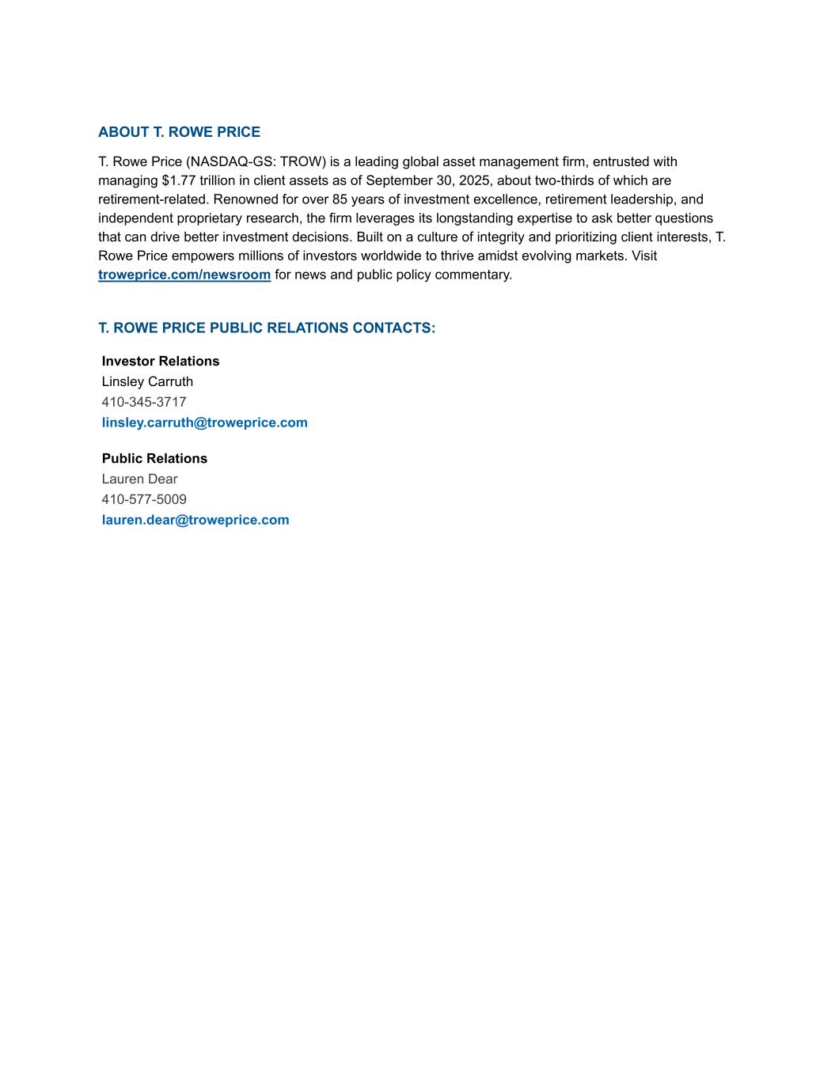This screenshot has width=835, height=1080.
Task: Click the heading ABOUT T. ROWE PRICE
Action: click(x=179, y=132)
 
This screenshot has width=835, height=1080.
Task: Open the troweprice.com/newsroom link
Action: click(x=184, y=275)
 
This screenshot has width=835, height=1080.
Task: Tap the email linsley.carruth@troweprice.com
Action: click(x=204, y=423)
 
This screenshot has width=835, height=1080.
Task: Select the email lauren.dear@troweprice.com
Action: click(x=195, y=520)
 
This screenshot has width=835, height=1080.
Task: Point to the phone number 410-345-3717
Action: click(x=144, y=402)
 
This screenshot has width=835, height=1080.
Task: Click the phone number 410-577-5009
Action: click(x=144, y=499)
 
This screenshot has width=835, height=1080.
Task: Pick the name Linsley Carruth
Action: click(x=147, y=381)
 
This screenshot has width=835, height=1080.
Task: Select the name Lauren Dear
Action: click(x=139, y=479)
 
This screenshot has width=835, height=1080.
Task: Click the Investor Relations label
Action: click(x=161, y=361)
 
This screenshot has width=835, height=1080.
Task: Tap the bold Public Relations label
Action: click(x=154, y=458)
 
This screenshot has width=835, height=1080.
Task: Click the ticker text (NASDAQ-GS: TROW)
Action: click(x=256, y=161)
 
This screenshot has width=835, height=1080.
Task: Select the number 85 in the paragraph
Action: click(x=340, y=199)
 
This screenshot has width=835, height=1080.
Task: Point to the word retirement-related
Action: click(x=154, y=199)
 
